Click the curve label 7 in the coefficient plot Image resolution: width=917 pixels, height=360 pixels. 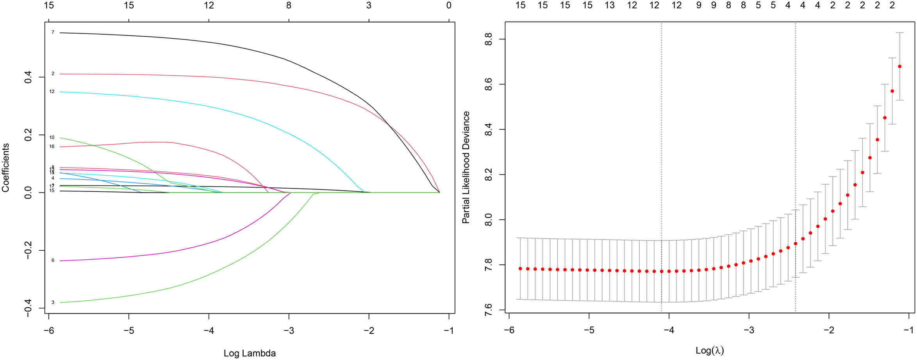pos(53,32)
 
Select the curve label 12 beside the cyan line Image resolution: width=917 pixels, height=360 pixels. pos(52,92)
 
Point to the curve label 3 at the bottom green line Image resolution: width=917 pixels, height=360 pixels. pos(53,303)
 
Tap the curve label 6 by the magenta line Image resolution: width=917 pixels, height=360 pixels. pos(53,260)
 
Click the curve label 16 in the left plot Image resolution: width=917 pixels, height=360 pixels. pos(52,147)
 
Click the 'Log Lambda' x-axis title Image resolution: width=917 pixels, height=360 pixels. pos(250,353)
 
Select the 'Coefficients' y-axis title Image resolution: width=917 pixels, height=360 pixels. pos(5,168)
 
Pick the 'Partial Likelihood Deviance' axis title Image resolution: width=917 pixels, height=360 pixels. pos(466,168)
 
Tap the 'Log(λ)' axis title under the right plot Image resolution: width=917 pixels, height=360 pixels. pos(710,351)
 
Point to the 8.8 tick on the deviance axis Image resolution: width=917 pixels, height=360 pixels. pos(488,39)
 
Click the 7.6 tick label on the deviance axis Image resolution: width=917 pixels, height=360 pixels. pos(488,310)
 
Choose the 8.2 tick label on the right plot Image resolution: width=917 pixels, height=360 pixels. pos(488,175)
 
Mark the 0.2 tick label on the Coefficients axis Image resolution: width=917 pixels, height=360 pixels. pos(28,135)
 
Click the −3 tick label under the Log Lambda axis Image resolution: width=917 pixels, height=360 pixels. pos(289,331)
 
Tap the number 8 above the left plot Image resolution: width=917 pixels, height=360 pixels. pos(289,5)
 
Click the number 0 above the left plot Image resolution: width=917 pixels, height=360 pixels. pos(449,5)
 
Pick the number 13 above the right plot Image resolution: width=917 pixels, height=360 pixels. pos(610,5)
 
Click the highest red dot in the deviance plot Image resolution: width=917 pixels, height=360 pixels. pos(900,66)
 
